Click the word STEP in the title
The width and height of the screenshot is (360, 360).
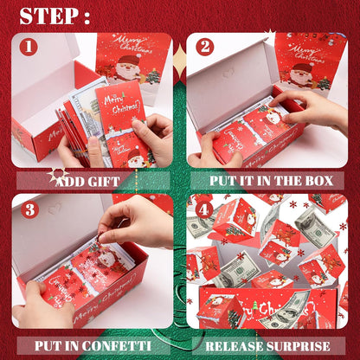point(48,16)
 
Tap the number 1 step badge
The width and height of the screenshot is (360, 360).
point(28,47)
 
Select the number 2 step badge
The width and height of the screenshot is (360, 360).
point(204,47)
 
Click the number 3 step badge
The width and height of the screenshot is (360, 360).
point(28,209)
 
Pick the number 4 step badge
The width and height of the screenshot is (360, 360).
point(204,209)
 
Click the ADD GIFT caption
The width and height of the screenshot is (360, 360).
point(90,182)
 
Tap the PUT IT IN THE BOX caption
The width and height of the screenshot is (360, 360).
point(266,182)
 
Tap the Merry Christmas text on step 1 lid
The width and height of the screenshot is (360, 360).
point(132,43)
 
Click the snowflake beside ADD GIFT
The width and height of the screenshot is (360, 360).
point(59,177)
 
